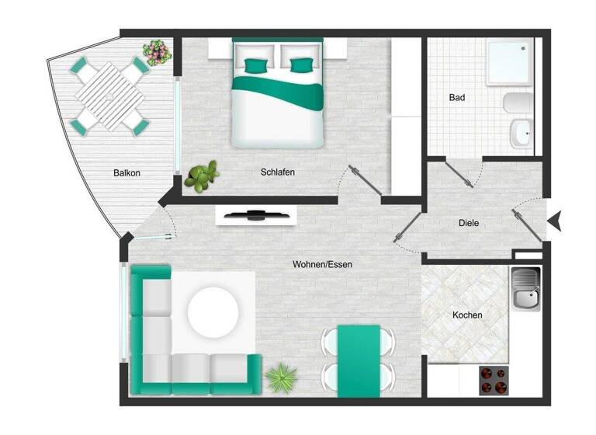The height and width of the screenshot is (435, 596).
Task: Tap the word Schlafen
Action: point(278,172)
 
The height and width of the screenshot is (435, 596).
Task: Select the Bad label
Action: point(457,99)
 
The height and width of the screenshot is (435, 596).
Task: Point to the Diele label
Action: point(469,223)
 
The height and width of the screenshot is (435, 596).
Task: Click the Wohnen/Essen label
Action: point(322,265)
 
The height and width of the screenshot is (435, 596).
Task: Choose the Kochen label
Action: point(467,315)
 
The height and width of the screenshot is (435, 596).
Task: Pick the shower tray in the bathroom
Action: point(509,63)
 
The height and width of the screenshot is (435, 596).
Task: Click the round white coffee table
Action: point(213,312)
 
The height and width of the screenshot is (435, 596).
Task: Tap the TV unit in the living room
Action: point(255,214)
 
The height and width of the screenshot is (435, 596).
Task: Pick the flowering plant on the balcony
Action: point(158,53)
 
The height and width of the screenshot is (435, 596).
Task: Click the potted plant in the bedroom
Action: point(203,176)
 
